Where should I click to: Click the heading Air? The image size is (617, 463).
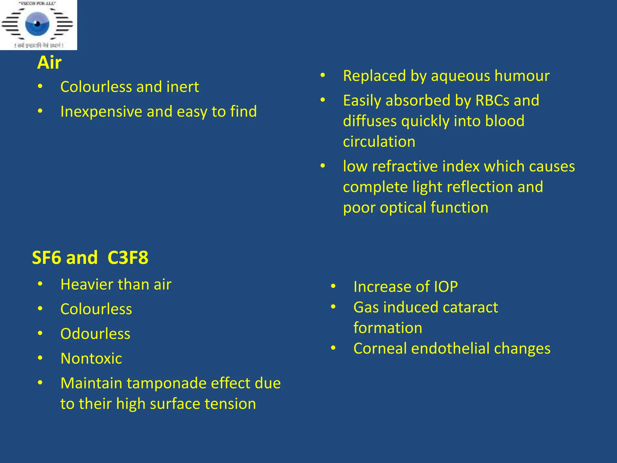click(49, 63)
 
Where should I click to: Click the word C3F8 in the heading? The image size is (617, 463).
click(128, 258)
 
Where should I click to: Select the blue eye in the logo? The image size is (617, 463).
click(37, 24)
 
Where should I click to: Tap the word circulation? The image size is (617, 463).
click(379, 142)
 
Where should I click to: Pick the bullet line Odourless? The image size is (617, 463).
click(95, 334)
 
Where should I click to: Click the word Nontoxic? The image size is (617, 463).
click(91, 358)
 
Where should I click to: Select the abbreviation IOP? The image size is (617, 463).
click(446, 287)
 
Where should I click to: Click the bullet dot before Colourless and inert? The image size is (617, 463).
click(40, 87)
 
